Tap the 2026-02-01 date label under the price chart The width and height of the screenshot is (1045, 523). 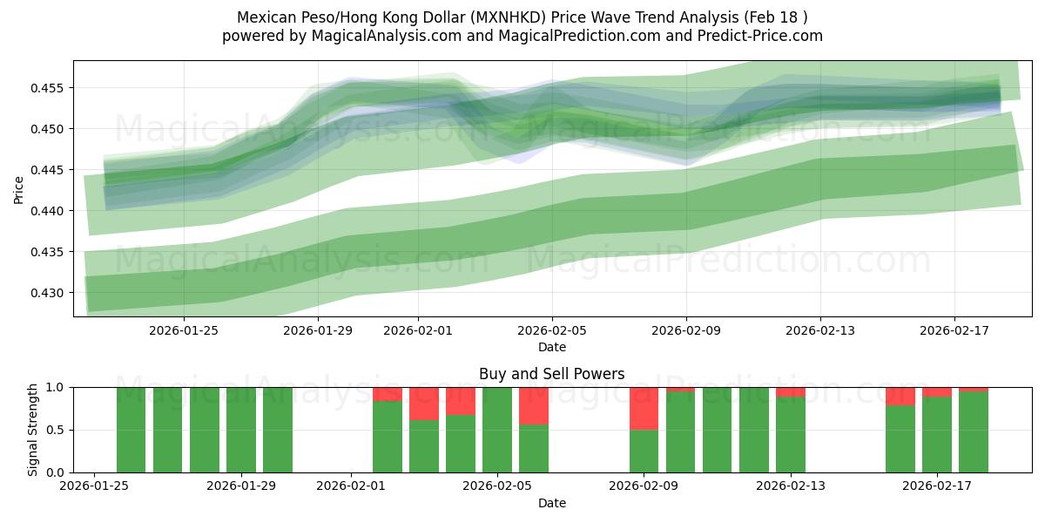coord(418,330)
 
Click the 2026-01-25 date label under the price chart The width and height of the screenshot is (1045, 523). coord(184,330)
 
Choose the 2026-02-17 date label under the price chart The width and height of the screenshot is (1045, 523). coord(954,330)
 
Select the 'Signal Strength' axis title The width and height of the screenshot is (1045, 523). coord(32,430)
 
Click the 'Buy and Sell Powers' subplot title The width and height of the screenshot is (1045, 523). coord(551,374)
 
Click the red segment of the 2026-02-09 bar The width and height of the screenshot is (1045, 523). coord(644,408)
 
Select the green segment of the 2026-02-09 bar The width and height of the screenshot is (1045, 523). coord(644,451)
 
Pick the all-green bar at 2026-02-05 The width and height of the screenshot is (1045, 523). coord(497,430)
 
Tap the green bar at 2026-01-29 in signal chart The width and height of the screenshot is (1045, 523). coord(278,430)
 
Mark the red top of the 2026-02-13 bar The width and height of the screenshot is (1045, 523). coord(790,392)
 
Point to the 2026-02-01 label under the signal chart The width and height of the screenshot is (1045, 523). coord(351,486)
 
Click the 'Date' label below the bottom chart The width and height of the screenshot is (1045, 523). coord(551,503)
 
